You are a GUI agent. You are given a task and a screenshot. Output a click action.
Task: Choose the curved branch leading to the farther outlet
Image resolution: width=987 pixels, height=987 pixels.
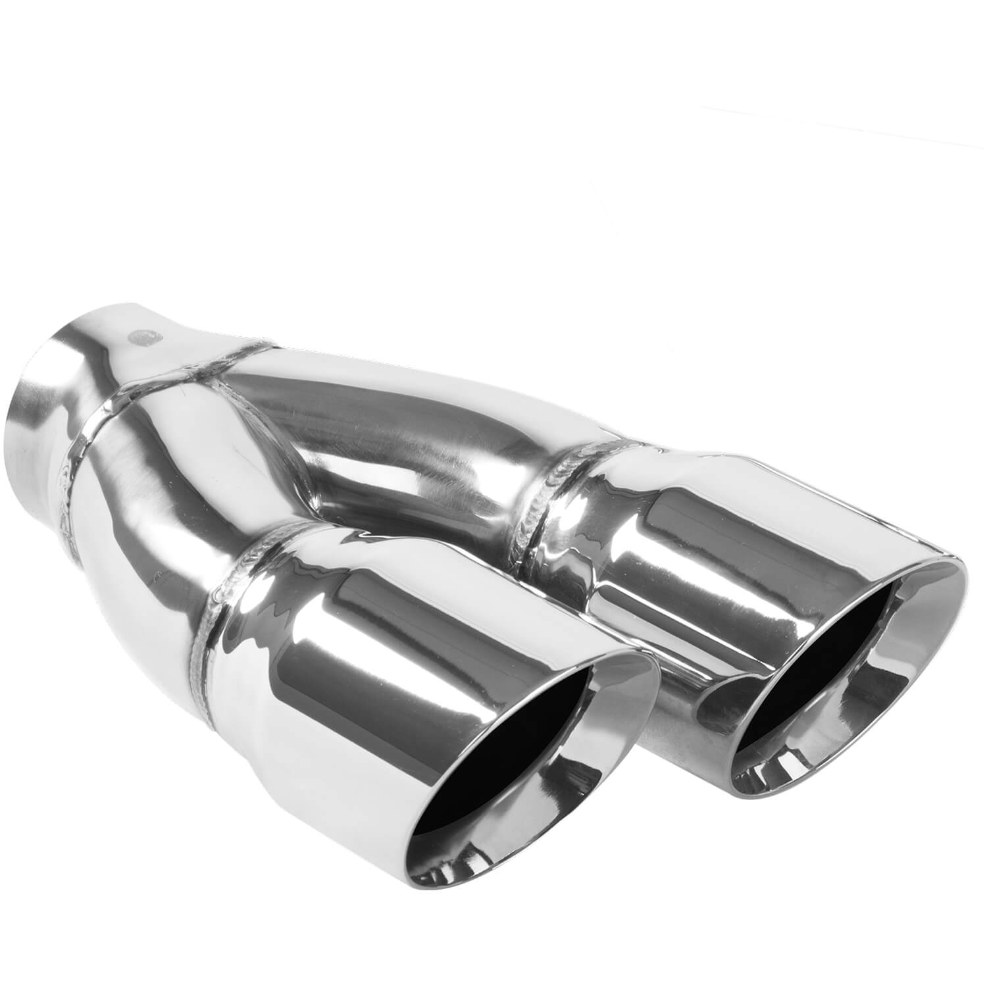coord(408,421)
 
